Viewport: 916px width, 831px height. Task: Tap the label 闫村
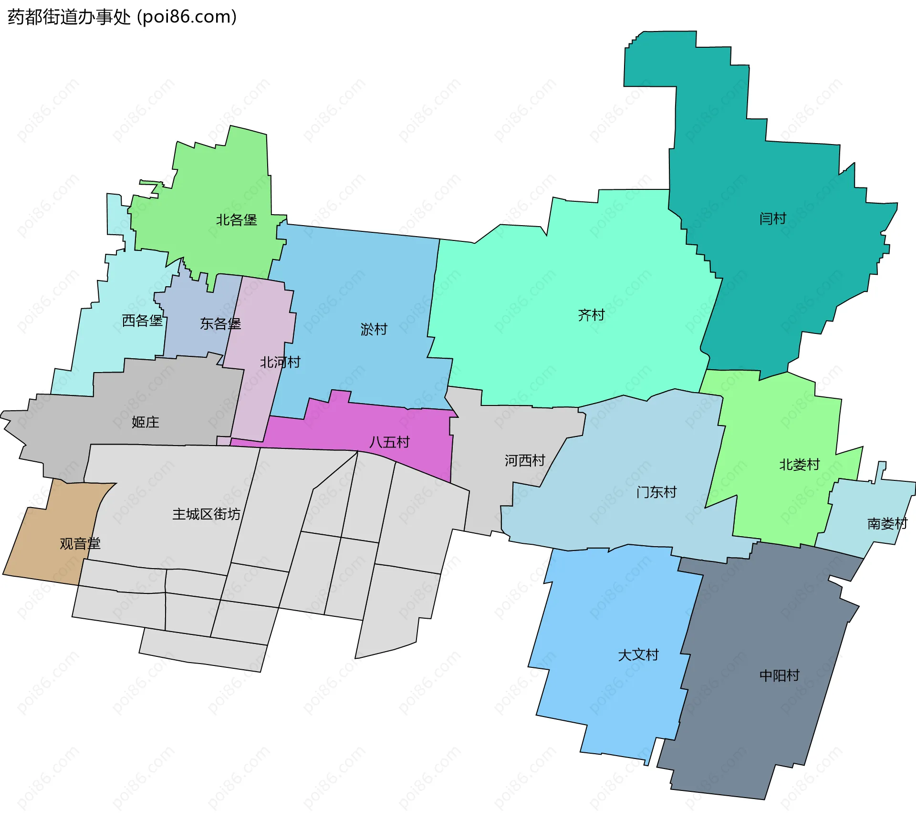click(772, 219)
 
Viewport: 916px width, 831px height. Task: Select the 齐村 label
click(591, 315)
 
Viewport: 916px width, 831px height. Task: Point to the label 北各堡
click(236, 220)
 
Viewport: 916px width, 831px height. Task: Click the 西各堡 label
click(142, 321)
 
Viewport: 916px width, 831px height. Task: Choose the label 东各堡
click(220, 324)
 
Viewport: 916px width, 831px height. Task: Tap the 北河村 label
click(280, 363)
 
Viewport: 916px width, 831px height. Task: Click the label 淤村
click(374, 329)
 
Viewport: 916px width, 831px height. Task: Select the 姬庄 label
click(146, 422)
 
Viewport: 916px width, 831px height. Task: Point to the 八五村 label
click(389, 442)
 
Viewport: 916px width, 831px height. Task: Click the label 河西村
click(525, 460)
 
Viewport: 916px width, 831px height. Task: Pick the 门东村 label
click(656, 492)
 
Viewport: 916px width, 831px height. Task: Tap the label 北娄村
click(799, 465)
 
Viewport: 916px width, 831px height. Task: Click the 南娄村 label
click(887, 524)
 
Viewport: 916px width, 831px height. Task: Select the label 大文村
click(638, 655)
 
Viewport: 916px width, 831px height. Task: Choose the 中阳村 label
click(780, 675)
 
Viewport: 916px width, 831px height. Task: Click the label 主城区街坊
click(206, 514)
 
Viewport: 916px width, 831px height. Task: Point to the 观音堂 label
click(80, 543)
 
